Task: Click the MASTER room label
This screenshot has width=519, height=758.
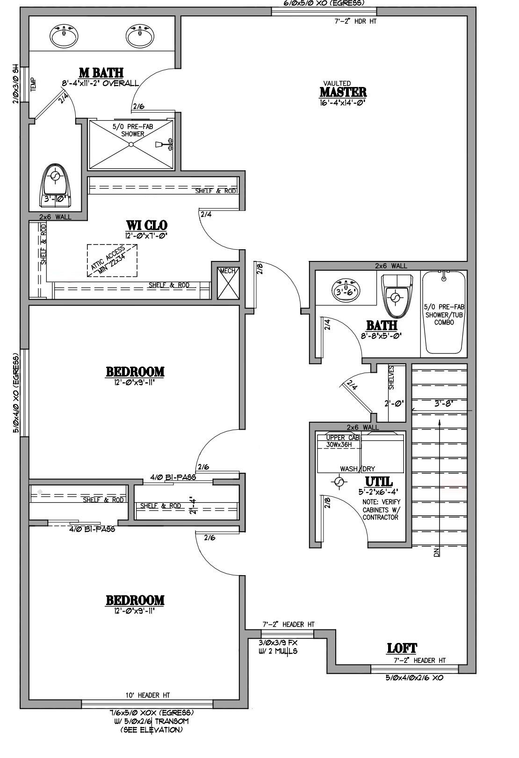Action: click(x=343, y=92)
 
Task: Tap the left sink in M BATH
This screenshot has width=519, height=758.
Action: click(x=64, y=36)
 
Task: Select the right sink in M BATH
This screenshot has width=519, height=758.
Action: click(x=140, y=36)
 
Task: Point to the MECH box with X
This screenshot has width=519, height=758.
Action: click(x=228, y=283)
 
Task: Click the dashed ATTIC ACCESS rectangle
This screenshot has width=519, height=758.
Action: click(x=112, y=260)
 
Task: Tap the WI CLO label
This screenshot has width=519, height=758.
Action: click(x=146, y=225)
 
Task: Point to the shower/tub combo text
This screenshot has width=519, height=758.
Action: click(x=444, y=314)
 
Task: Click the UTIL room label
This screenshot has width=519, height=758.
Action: click(x=379, y=482)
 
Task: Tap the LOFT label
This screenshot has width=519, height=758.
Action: click(x=402, y=648)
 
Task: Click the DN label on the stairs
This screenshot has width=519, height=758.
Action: click(x=437, y=552)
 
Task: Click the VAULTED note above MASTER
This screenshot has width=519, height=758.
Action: click(x=340, y=83)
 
